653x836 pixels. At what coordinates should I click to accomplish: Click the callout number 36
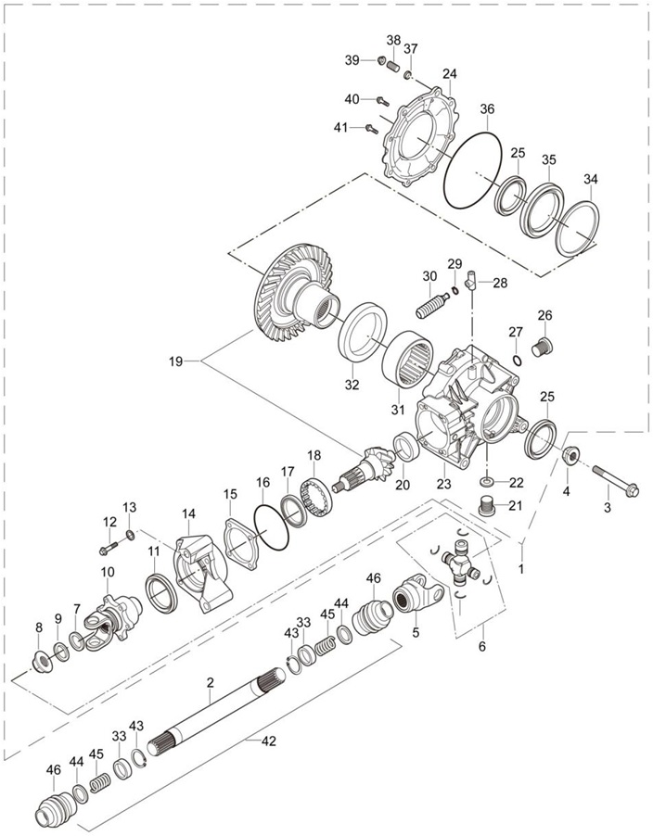[x=487, y=109]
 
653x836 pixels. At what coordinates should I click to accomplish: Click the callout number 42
[x=269, y=741]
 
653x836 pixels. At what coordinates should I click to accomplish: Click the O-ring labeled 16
[x=272, y=528]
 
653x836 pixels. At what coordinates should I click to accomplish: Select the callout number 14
[x=188, y=514]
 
